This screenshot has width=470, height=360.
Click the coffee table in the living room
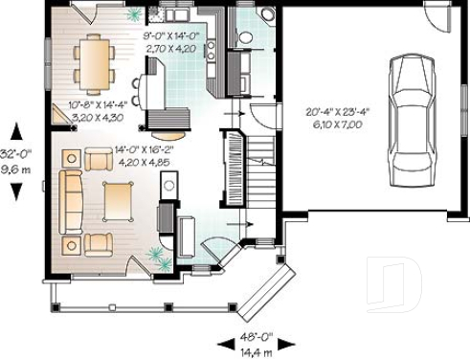click(x=119, y=201)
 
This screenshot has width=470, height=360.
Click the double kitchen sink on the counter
click(x=177, y=17)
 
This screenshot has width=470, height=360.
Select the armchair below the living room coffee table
click(x=101, y=242)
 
